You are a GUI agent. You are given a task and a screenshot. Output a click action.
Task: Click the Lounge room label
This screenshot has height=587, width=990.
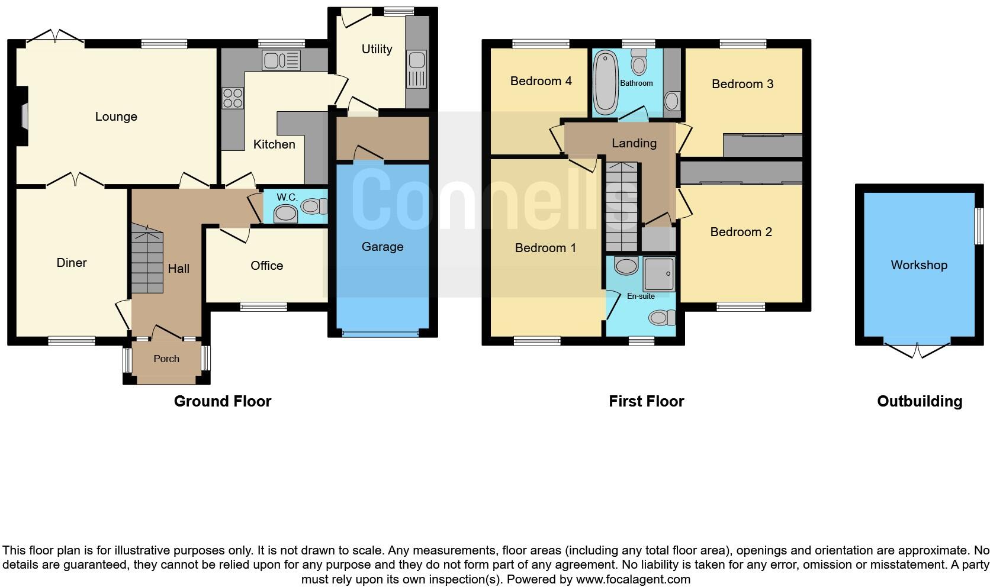pyautogui.click(x=116, y=117)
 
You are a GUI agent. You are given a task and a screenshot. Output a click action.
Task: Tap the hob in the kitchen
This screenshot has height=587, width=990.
pyautogui.click(x=233, y=98)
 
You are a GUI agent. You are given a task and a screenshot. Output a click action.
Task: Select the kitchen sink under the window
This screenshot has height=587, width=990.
pyautogui.click(x=281, y=60)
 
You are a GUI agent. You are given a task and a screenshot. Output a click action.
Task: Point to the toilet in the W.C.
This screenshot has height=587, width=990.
pyautogui.click(x=313, y=207)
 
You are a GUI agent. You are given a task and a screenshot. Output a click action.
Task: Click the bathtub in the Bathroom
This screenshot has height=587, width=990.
pyautogui.click(x=605, y=82)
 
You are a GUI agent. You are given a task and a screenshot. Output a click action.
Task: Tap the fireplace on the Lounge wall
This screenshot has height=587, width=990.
pyautogui.click(x=23, y=116)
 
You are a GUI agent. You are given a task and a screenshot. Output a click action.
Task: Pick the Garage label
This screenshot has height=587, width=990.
pyautogui.click(x=382, y=247)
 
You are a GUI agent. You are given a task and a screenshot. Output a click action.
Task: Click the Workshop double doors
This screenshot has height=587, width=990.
pyautogui.click(x=917, y=349)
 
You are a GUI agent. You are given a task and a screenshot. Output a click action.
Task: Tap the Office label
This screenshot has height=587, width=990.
pyautogui.click(x=266, y=266)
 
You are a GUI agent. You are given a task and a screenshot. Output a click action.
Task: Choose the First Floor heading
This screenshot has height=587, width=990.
pyautogui.click(x=646, y=401)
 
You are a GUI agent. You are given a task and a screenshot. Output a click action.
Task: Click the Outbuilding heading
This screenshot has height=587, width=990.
pyautogui.click(x=919, y=401)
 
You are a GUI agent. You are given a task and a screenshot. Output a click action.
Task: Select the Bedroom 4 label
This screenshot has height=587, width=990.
pyautogui.click(x=541, y=81)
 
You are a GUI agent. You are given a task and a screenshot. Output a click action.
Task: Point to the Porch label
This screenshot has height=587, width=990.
pyautogui.click(x=166, y=359)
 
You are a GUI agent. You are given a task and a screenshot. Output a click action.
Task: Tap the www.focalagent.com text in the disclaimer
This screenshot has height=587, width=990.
pyautogui.click(x=632, y=579)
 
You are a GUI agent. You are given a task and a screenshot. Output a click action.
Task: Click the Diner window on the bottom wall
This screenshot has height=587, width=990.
pyautogui.click(x=72, y=340)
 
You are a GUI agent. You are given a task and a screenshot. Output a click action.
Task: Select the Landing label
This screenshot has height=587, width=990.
pyautogui.click(x=634, y=143)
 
